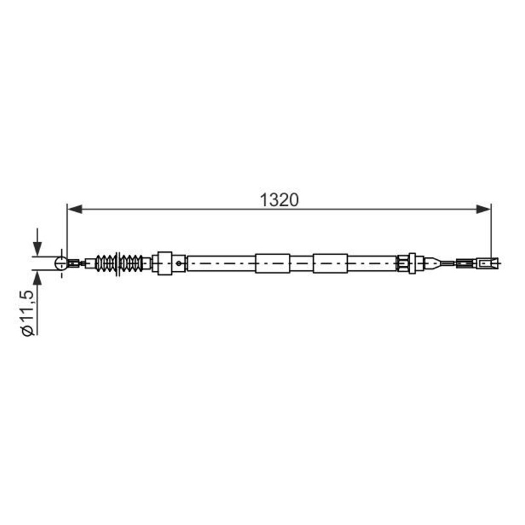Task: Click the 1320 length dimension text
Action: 279,200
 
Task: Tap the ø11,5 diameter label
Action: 28,313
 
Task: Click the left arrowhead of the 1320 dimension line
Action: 75,209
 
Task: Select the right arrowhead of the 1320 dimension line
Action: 484,209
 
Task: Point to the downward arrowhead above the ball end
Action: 37,249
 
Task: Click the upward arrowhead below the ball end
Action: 37,278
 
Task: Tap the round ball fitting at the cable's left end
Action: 61,263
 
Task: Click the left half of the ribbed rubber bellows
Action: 106,263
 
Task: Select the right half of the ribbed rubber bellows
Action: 131,263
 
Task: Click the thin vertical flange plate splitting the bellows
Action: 118,264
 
